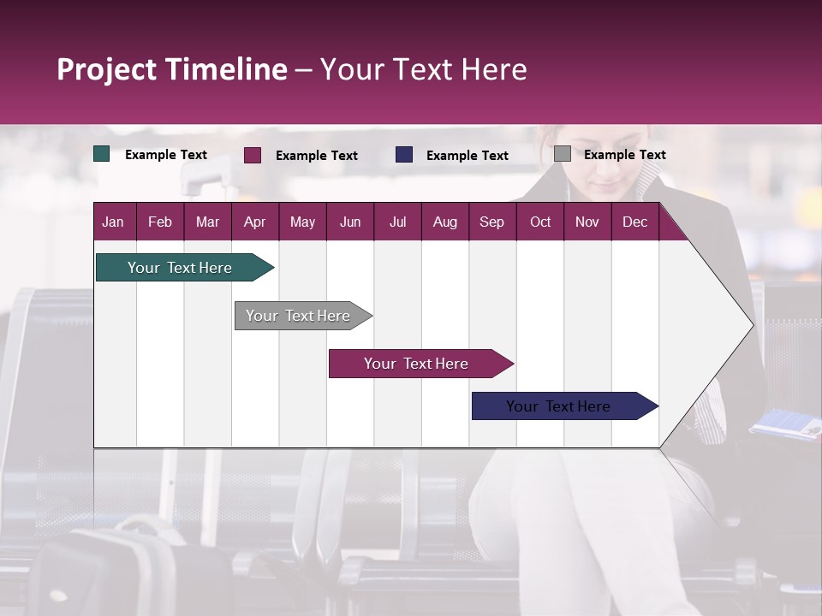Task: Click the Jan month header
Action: (113, 222)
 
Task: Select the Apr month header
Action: (254, 222)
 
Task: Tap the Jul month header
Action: (397, 222)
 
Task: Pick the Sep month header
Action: (491, 222)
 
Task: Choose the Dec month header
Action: (634, 222)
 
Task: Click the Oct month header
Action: (540, 222)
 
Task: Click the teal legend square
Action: (102, 154)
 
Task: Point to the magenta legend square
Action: (253, 155)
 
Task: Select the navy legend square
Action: (404, 154)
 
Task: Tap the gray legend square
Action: (563, 154)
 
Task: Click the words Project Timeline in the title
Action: (171, 69)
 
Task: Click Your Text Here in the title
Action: (424, 69)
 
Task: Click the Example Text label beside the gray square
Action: (624, 154)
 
